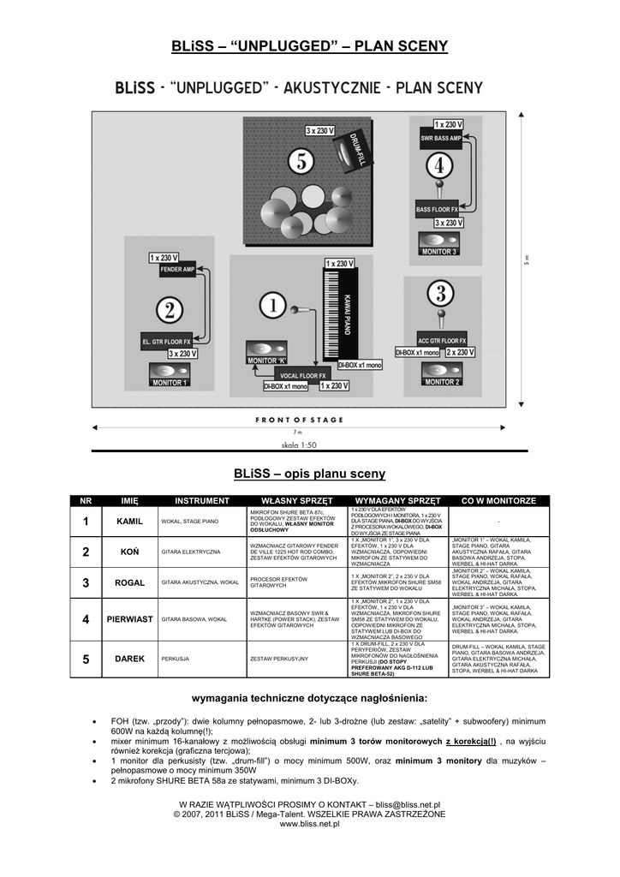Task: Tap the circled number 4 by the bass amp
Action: pos(438,164)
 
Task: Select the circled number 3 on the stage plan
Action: pos(440,295)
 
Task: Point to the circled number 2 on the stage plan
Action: pos(170,310)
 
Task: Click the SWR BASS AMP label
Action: pos(440,137)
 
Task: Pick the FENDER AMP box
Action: pos(177,269)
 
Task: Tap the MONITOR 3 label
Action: pos(439,252)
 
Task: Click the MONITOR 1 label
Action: pos(170,383)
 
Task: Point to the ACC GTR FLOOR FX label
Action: pos(442,340)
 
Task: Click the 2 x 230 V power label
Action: pos(460,352)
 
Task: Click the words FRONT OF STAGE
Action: pos(299,421)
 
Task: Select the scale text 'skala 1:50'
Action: pos(299,445)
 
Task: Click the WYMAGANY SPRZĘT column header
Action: pos(396,500)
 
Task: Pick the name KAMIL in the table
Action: pos(128,521)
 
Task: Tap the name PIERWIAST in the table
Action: pos(128,618)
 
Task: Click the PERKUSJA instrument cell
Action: pos(175,659)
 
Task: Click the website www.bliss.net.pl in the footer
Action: pos(309,823)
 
